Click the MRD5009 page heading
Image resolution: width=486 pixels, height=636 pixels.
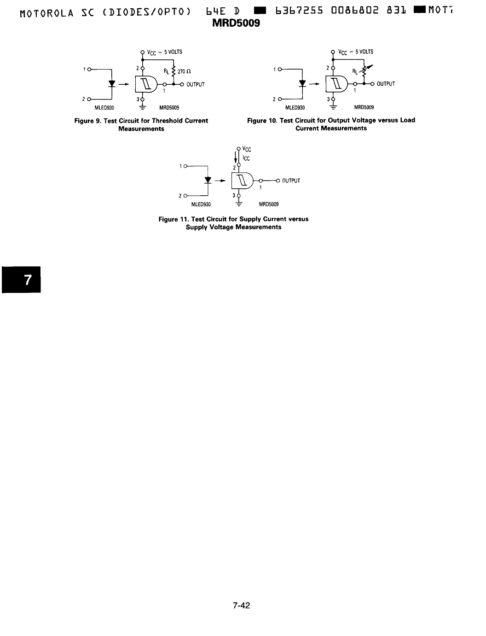[x=236, y=23]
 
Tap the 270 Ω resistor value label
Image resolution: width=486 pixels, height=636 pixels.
[x=184, y=71]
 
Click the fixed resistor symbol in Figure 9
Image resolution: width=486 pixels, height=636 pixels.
[x=174, y=71]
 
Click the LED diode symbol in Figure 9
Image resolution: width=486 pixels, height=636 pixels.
[x=112, y=84]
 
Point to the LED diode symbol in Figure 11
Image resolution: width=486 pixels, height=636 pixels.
[x=208, y=180]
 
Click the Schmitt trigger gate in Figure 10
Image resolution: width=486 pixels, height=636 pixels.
[x=337, y=84]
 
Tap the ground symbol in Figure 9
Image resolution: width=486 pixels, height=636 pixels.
[x=142, y=107]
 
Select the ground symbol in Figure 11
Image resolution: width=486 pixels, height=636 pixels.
[x=239, y=204]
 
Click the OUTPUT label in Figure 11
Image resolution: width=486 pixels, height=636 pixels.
[x=291, y=181]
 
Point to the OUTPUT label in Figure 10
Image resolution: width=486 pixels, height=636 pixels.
[x=386, y=84]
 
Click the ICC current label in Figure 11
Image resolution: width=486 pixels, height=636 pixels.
[x=246, y=158]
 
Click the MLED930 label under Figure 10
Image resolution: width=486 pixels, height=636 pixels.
[x=295, y=107]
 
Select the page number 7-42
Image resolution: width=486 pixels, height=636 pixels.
[x=242, y=605]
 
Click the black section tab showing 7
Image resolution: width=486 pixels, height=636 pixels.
[x=22, y=280]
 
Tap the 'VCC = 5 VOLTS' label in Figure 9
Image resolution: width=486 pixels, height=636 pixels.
[x=164, y=52]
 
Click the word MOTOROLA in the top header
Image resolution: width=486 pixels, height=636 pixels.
[x=46, y=13]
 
